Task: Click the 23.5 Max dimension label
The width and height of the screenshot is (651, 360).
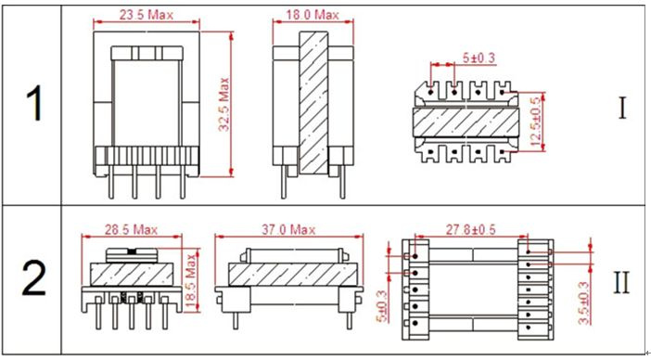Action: pyautogui.click(x=147, y=16)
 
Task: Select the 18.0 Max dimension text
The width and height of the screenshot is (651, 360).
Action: pyautogui.click(x=313, y=16)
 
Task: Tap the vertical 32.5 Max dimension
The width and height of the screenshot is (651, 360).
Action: pyautogui.click(x=223, y=104)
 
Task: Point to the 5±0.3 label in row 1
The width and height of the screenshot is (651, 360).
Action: pyautogui.click(x=479, y=58)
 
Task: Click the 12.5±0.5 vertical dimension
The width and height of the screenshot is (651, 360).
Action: pyautogui.click(x=536, y=122)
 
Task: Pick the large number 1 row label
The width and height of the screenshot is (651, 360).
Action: pyautogui.click(x=34, y=105)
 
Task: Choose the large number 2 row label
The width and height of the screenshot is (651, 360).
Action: pyautogui.click(x=33, y=281)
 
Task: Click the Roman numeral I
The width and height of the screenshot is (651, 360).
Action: pyautogui.click(x=622, y=109)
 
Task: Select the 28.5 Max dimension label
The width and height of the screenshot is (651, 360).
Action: pyautogui.click(x=131, y=229)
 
